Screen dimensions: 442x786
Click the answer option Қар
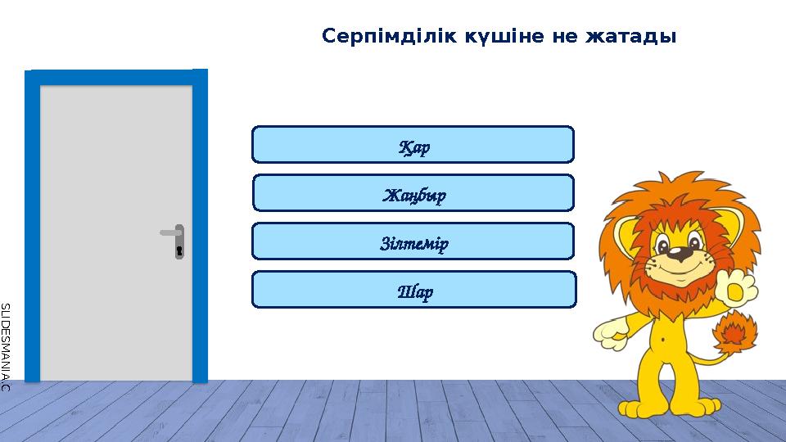point(413,145)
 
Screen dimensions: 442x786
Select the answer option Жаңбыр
point(413,193)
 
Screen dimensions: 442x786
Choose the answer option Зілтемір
point(413,241)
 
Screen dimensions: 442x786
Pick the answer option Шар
point(413,290)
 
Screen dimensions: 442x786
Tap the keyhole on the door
point(179,249)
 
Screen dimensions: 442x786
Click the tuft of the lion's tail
point(734,332)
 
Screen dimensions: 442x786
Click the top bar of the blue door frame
point(116,77)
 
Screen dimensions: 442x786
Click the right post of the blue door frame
point(200,229)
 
